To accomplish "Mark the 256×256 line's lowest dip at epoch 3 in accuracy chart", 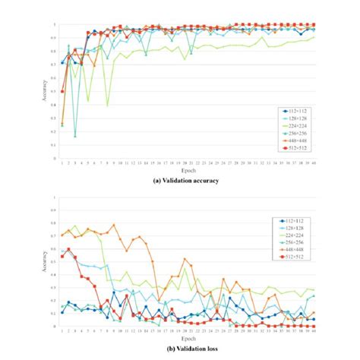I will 75,137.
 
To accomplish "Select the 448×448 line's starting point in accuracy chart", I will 62,125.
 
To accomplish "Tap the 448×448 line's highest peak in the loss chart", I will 114,225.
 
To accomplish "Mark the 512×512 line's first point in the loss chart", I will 62,256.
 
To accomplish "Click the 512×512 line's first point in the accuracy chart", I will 62,92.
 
